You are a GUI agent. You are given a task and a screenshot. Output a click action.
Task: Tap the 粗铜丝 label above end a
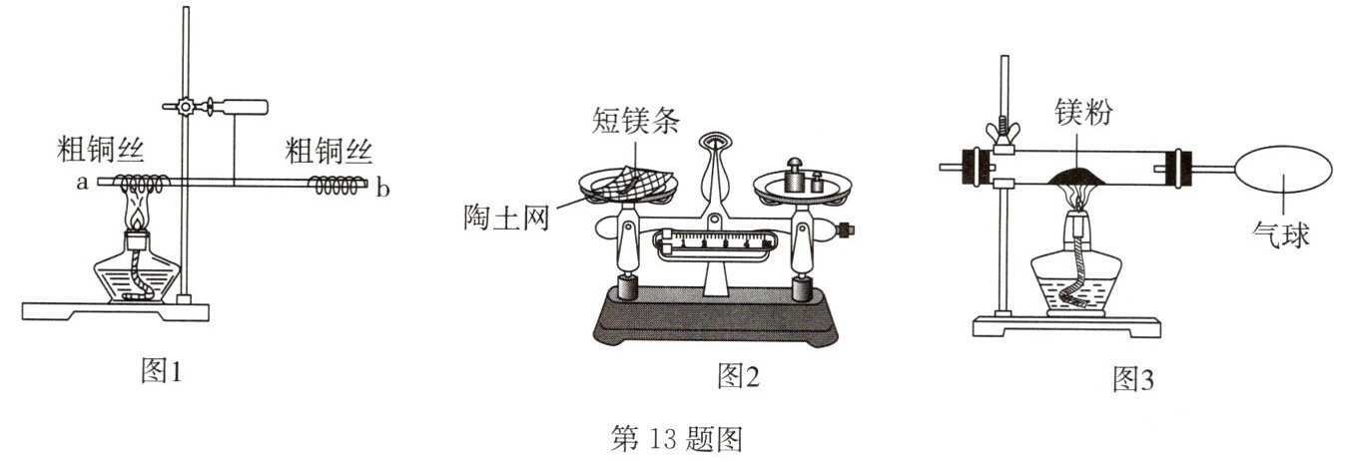coord(102,152)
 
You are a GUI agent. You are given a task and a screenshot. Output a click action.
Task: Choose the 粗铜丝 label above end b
coord(329,152)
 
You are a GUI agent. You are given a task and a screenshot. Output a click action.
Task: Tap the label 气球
coord(1281,236)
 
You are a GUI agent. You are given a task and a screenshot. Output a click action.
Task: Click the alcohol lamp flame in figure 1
coord(137,213)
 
